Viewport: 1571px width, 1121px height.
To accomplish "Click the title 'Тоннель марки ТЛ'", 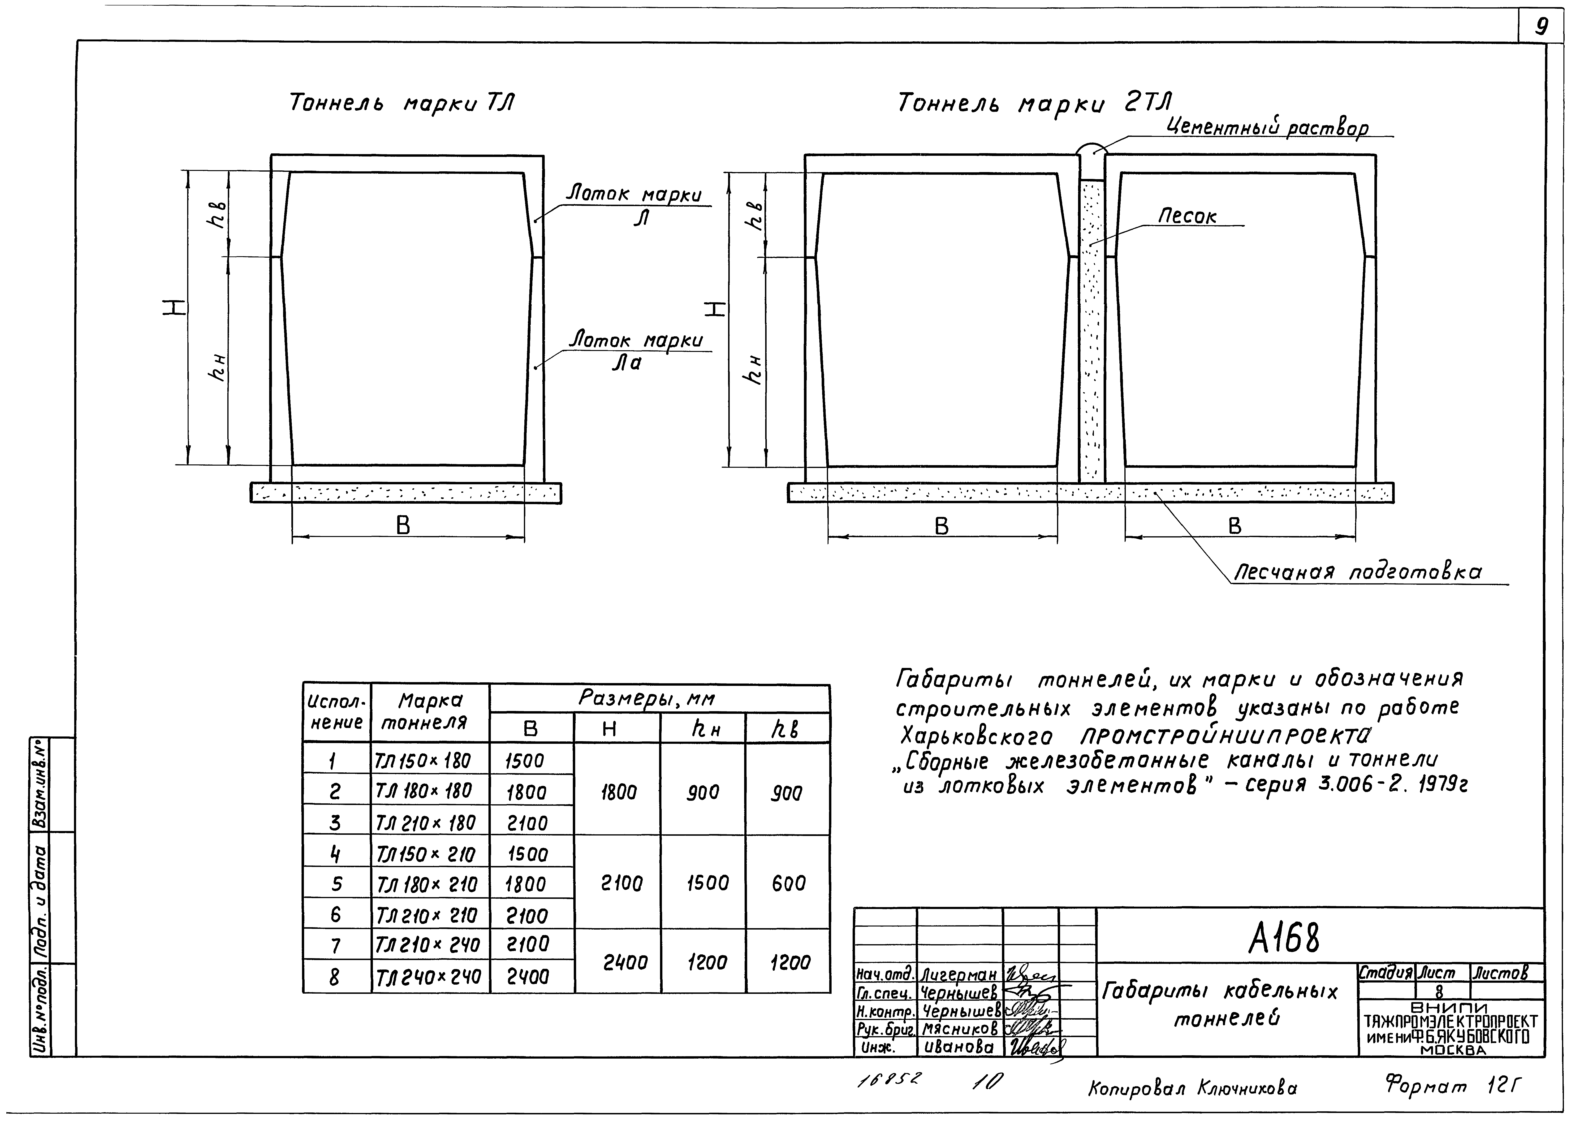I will [x=402, y=104].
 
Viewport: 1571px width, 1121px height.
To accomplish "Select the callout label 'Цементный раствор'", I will [x=1267, y=128].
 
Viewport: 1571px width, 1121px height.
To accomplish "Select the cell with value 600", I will [x=788, y=883].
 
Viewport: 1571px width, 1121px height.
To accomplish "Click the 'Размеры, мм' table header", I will [x=646, y=699].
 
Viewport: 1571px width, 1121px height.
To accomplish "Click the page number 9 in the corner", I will [x=1541, y=26].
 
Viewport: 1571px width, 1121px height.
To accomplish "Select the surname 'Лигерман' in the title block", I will [x=959, y=975].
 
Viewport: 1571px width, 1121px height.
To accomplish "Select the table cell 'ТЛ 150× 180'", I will [x=423, y=761].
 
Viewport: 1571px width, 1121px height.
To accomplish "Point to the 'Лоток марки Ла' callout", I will [x=635, y=351].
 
